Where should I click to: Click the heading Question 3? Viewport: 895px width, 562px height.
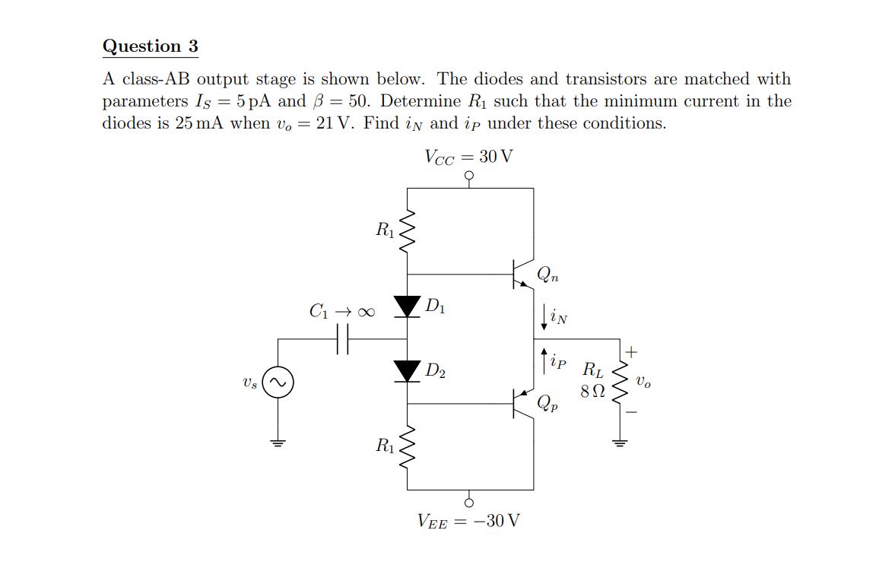point(150,46)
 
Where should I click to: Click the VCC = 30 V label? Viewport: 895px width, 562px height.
point(468,157)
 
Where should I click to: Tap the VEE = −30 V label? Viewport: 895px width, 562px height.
point(468,521)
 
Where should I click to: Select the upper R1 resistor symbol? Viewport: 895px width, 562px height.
point(408,229)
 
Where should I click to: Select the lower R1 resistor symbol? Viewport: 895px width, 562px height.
point(408,446)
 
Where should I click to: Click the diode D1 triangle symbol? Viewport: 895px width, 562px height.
point(408,306)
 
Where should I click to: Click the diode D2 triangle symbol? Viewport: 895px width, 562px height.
point(408,371)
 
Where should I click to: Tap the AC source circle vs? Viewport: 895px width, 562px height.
point(278,383)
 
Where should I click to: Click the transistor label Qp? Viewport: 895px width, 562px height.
point(547,404)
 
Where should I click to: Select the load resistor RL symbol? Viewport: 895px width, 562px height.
point(621,383)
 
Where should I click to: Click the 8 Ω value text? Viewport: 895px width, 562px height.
point(592,392)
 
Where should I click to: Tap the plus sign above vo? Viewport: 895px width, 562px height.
point(633,352)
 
